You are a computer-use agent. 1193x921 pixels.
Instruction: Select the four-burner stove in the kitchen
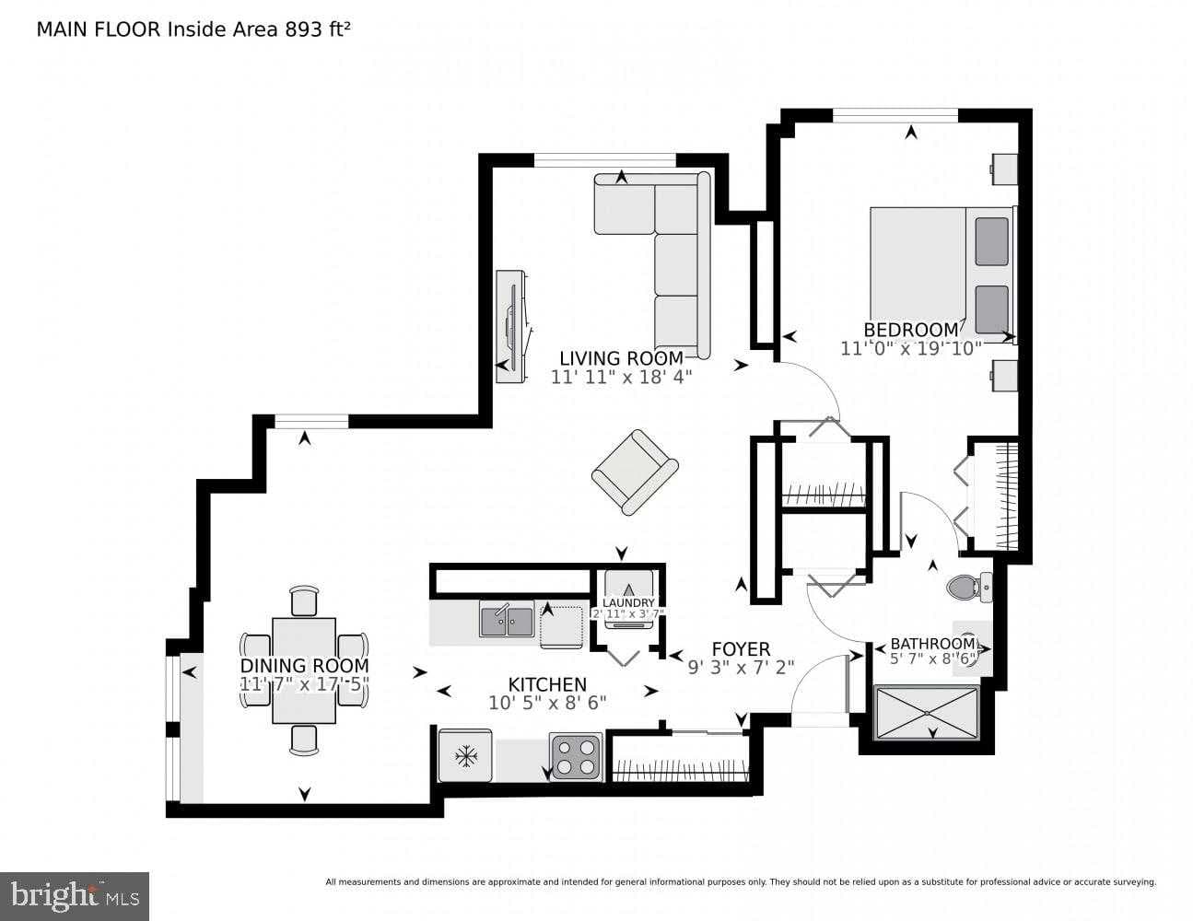click(x=576, y=756)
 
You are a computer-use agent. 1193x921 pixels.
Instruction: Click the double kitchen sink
click(x=506, y=618)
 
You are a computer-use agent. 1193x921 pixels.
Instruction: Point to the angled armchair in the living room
click(x=634, y=472)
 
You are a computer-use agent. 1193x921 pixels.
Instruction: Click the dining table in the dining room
click(x=304, y=670)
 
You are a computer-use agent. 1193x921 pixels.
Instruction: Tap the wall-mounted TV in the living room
click(x=509, y=327)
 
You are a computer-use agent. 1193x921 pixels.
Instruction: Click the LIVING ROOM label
click(x=621, y=358)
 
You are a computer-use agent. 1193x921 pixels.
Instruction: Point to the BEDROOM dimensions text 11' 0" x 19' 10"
click(x=911, y=348)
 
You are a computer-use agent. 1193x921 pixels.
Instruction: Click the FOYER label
click(x=741, y=649)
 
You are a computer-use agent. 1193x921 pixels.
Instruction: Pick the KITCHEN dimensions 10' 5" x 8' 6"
click(x=547, y=703)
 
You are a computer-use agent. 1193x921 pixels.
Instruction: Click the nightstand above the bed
click(x=1004, y=168)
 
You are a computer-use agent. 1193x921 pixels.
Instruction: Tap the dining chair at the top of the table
click(x=304, y=600)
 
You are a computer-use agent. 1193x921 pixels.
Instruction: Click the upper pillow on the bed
click(x=991, y=240)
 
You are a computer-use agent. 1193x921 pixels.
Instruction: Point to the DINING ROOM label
click(x=304, y=666)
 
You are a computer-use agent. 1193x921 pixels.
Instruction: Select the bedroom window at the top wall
click(x=895, y=115)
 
